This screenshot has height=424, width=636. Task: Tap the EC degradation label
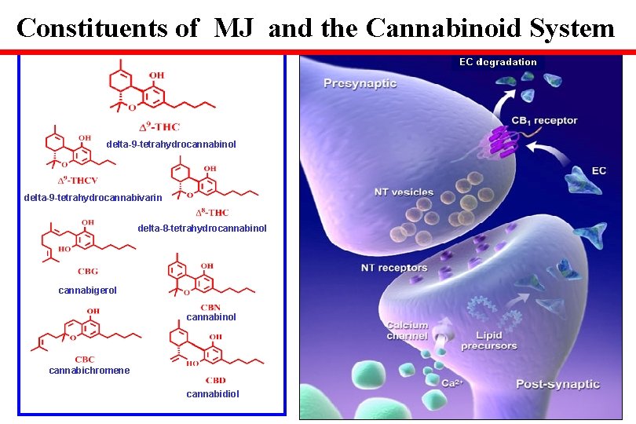498,62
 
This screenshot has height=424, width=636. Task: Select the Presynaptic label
360,83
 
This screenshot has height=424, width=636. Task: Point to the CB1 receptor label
544,121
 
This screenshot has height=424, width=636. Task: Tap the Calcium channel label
407,331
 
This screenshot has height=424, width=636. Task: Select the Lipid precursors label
488,341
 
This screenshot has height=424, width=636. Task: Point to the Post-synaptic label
557,384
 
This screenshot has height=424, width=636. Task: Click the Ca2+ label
451,383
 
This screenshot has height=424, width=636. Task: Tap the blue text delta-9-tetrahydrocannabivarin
93,198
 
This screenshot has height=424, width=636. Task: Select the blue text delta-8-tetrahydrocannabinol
202,228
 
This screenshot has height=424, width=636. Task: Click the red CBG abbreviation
88,272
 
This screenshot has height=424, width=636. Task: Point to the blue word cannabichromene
89,371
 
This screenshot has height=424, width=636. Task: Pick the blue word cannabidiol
213,393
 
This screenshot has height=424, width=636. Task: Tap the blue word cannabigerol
87,291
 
